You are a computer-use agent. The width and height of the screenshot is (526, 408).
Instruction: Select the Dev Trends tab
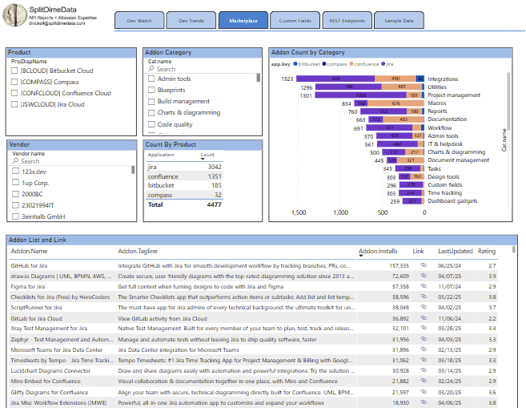191,21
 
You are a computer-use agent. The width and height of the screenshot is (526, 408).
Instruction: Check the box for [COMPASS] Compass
15,82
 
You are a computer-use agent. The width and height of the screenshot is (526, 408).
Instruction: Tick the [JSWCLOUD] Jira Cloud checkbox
15,104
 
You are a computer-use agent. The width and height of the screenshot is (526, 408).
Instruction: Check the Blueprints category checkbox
151,91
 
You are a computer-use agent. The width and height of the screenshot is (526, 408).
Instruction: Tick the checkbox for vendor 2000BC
15,194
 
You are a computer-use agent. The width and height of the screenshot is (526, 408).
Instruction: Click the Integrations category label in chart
442,79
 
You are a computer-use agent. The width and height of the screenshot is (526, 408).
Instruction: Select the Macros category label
437,103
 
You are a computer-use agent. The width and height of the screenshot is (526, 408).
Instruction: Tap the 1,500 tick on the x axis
299,213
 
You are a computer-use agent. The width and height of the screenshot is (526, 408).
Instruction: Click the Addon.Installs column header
378,252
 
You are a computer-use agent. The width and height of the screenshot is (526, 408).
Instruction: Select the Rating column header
487,252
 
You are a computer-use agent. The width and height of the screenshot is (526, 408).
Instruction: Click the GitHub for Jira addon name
29,265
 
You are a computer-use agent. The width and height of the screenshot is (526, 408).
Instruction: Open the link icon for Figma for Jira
424,285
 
